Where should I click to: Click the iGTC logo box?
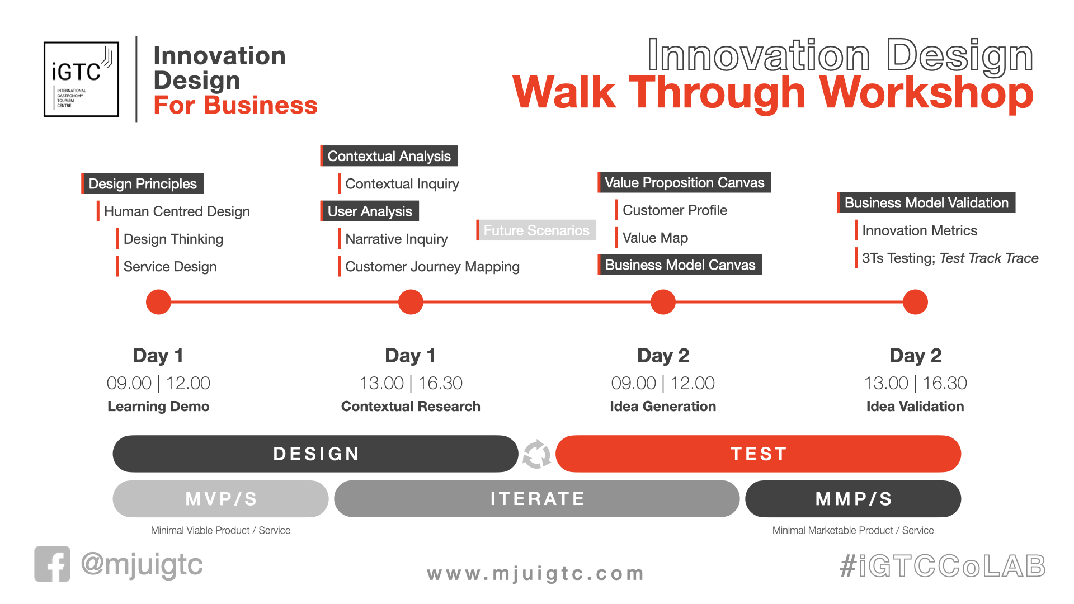(81, 79)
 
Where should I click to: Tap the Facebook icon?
(52, 564)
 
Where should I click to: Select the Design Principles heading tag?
(143, 183)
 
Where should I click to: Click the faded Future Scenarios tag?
(536, 230)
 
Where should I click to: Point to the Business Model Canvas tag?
(680, 265)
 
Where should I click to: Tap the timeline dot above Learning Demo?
(158, 302)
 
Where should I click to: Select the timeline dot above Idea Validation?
(915, 302)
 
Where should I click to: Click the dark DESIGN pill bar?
(315, 454)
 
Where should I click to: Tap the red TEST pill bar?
(759, 454)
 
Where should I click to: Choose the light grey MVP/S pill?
(221, 498)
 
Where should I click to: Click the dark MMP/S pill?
(854, 498)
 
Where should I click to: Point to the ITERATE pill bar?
(537, 498)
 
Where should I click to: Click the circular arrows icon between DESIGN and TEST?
(537, 454)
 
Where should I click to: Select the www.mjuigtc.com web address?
(535, 574)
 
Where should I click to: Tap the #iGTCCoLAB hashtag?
(943, 566)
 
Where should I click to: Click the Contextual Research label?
(411, 407)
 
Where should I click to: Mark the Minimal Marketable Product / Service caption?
(853, 530)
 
